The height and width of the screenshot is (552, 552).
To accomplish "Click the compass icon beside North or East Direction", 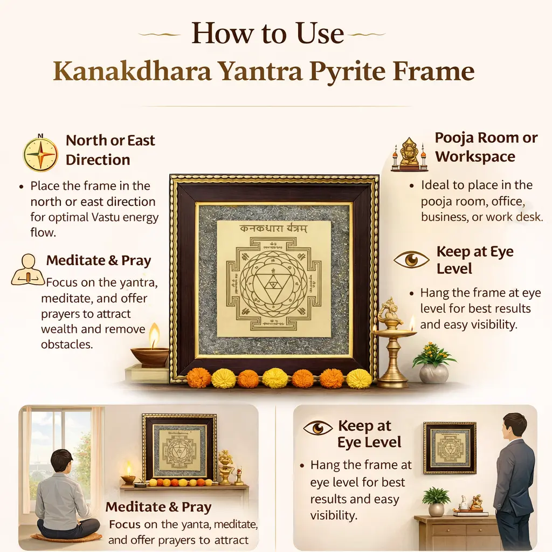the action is click(40, 154).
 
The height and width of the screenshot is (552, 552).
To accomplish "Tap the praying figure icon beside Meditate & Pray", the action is click(28, 271).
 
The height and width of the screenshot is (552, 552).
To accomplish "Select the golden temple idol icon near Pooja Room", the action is click(410, 154).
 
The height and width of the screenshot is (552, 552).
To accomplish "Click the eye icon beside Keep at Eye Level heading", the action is click(411, 260).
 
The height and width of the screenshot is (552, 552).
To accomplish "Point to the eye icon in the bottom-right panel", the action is click(318, 427).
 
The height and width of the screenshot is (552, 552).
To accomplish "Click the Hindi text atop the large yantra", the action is click(273, 229).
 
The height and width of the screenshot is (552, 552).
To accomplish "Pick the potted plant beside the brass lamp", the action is click(434, 363).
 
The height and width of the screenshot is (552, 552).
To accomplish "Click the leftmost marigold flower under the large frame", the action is click(198, 378).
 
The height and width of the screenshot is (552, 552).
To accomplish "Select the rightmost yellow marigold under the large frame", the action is click(358, 379).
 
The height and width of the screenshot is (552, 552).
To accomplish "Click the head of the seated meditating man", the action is click(61, 461).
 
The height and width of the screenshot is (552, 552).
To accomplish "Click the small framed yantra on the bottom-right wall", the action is click(450, 448).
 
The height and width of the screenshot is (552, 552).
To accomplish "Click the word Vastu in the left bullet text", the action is click(103, 217).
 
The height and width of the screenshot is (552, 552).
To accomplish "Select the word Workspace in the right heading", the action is click(475, 157).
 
